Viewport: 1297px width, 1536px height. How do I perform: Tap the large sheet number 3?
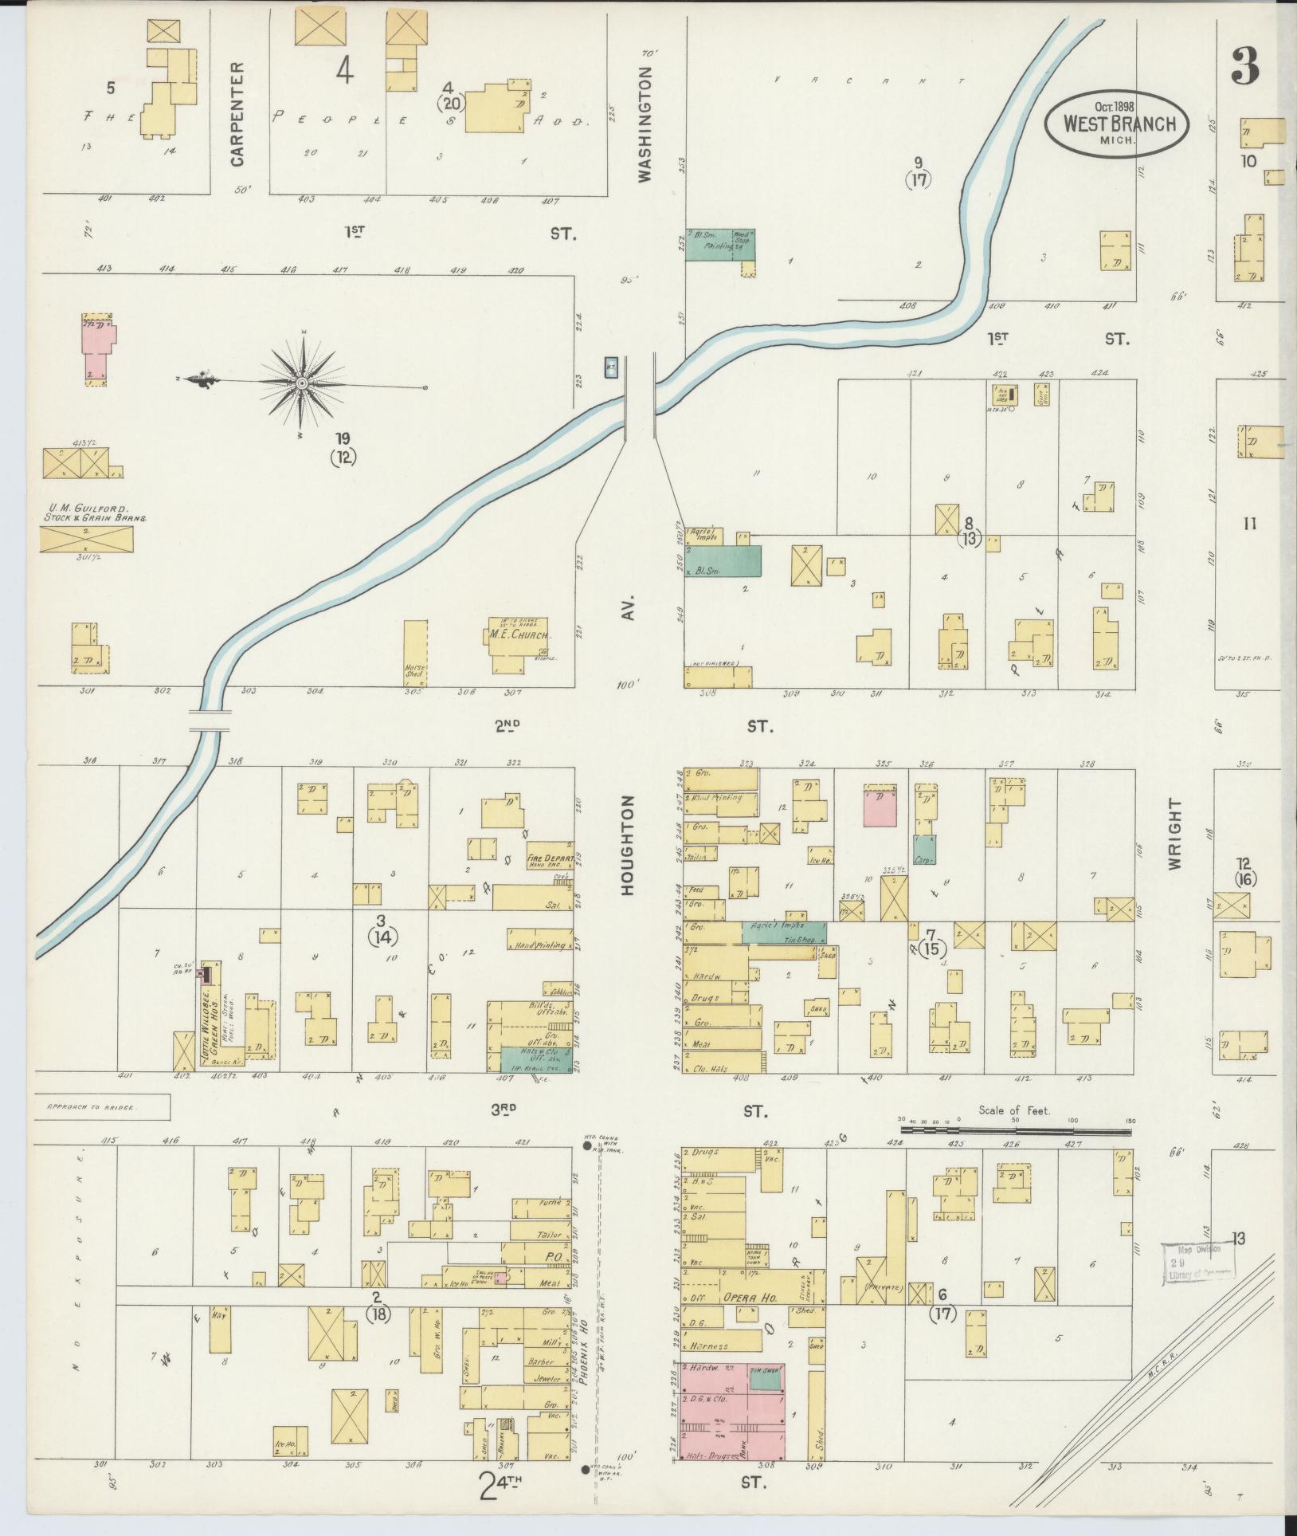(x=1245, y=67)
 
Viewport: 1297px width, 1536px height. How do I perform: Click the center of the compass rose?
(x=303, y=385)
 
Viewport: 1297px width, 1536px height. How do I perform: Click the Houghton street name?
(x=627, y=845)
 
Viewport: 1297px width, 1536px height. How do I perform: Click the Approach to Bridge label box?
(x=102, y=1107)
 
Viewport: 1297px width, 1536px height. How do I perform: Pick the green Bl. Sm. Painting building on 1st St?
(x=719, y=245)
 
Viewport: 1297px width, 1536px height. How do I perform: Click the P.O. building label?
(x=554, y=1257)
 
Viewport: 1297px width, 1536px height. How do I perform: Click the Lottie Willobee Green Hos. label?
(x=208, y=1017)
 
